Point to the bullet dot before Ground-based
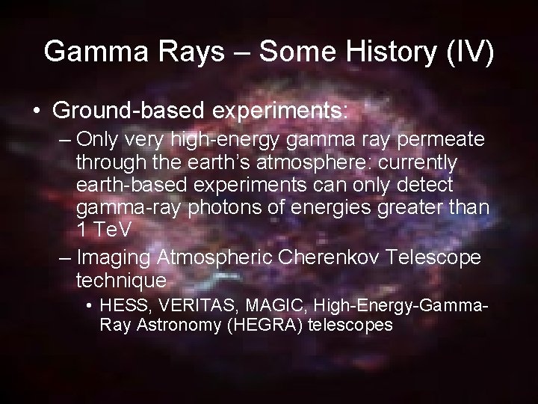pyautogui.click(x=37, y=111)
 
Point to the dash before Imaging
pyautogui.click(x=65, y=258)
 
